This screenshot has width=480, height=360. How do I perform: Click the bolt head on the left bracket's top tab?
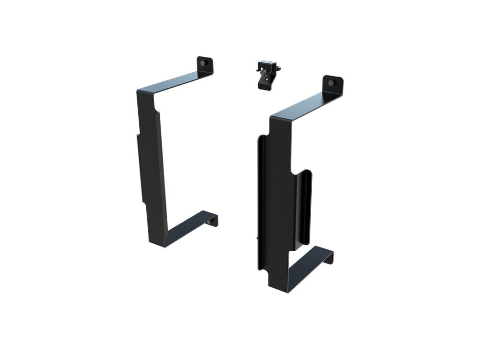pyautogui.click(x=202, y=63)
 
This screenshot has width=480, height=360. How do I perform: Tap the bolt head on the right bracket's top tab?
pyautogui.click(x=331, y=83)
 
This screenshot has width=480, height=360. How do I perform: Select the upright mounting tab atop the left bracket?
pyautogui.click(x=205, y=65)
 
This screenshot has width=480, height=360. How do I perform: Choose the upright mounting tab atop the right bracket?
pyautogui.click(x=333, y=85)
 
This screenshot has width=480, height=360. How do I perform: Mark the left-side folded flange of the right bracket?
pyautogui.click(x=261, y=202)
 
